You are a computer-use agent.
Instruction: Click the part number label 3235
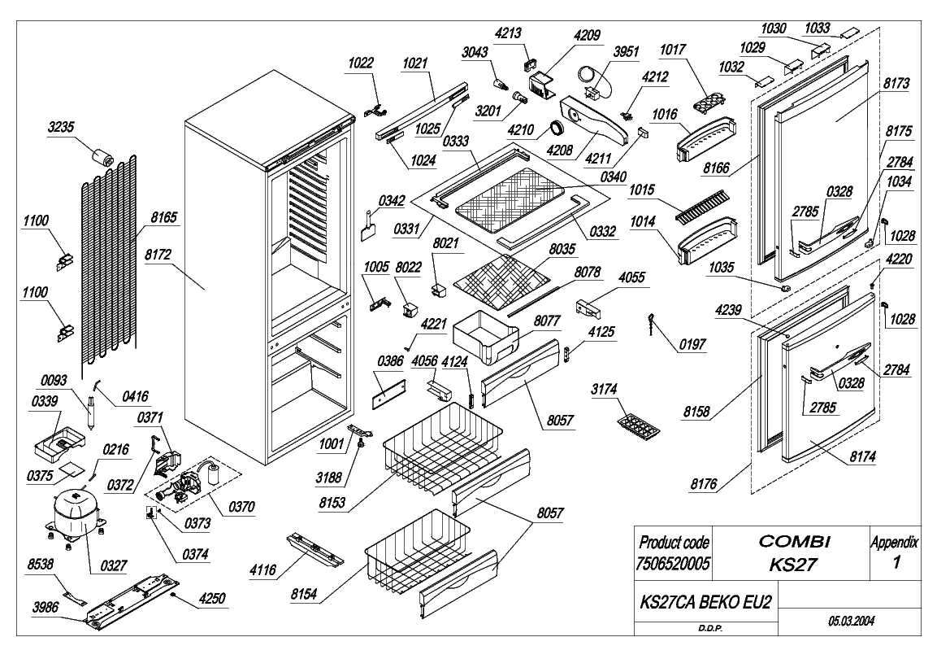61,127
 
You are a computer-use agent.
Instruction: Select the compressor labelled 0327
74,513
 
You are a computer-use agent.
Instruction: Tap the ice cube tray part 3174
639,425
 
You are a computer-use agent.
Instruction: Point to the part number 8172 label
158,255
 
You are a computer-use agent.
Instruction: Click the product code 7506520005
673,564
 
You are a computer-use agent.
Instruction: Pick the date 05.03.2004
851,621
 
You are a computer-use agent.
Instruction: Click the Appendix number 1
896,562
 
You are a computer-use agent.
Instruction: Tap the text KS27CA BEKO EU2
706,602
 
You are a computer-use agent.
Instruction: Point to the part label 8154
304,594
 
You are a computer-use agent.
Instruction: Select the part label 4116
262,569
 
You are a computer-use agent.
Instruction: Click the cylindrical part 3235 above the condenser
103,158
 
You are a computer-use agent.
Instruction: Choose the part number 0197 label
692,344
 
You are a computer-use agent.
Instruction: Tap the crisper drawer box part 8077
486,337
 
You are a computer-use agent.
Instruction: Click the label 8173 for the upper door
896,84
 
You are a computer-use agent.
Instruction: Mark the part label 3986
46,607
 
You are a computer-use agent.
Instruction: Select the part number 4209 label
587,36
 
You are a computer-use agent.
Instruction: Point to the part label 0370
241,506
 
